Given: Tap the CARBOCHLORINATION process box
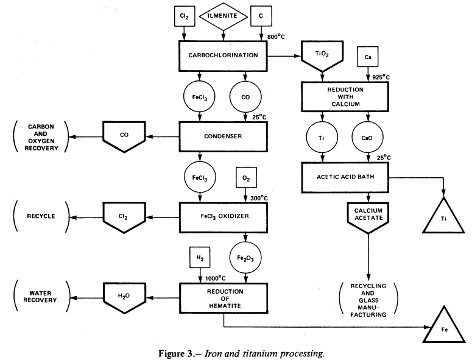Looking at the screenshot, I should point(224,55).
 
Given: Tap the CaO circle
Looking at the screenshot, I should point(368,138).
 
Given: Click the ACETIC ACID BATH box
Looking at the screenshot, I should point(345,177).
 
